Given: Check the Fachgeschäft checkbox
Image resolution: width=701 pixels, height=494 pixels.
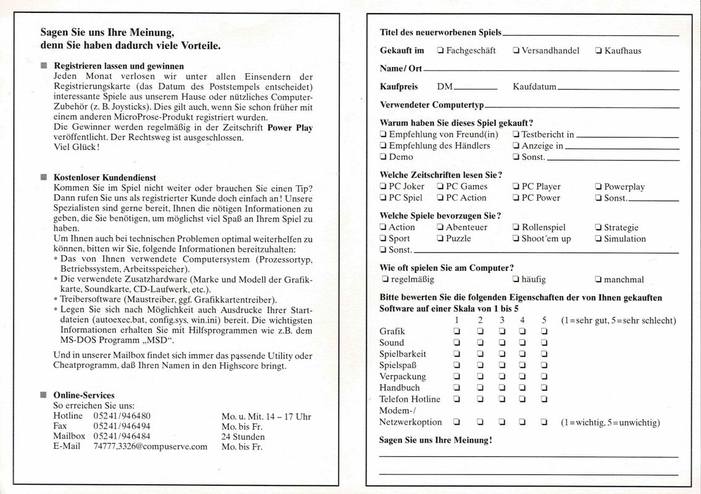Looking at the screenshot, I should [x=440, y=51].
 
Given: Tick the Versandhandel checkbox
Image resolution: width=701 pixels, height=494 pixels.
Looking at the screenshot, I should [x=515, y=51].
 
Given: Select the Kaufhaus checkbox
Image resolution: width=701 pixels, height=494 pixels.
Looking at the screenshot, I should [x=598, y=51].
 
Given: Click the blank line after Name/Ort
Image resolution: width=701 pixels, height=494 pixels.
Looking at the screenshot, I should [x=549, y=70].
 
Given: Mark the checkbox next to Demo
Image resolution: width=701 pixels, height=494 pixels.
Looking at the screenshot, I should [x=383, y=157].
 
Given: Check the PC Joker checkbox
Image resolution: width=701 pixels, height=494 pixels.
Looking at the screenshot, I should [x=383, y=186].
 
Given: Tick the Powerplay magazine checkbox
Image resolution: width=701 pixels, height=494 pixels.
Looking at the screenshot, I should [x=598, y=186].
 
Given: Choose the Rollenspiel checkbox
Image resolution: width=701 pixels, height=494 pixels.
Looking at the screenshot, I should [x=515, y=227].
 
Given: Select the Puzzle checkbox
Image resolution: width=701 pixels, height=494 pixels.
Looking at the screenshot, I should [x=440, y=238].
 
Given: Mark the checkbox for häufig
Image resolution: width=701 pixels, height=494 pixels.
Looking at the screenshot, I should [x=515, y=279].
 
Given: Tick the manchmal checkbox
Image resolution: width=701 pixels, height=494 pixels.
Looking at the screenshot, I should [x=598, y=279].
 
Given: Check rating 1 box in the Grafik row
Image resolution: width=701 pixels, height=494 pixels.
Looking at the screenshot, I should [x=457, y=332].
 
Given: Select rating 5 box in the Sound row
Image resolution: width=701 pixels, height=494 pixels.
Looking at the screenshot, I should [x=544, y=343].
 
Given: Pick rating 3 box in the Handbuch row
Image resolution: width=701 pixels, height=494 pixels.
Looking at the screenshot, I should [x=502, y=388].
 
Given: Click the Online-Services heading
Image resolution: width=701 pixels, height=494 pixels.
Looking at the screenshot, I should [x=84, y=395].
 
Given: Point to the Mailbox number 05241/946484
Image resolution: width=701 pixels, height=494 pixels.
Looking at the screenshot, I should [x=122, y=436].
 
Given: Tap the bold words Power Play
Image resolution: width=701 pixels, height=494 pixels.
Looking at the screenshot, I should [x=290, y=128].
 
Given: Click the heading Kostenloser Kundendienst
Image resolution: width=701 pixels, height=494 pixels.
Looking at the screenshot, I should [x=105, y=177].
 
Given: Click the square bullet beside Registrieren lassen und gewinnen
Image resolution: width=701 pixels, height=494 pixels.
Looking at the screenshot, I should [x=43, y=65].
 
